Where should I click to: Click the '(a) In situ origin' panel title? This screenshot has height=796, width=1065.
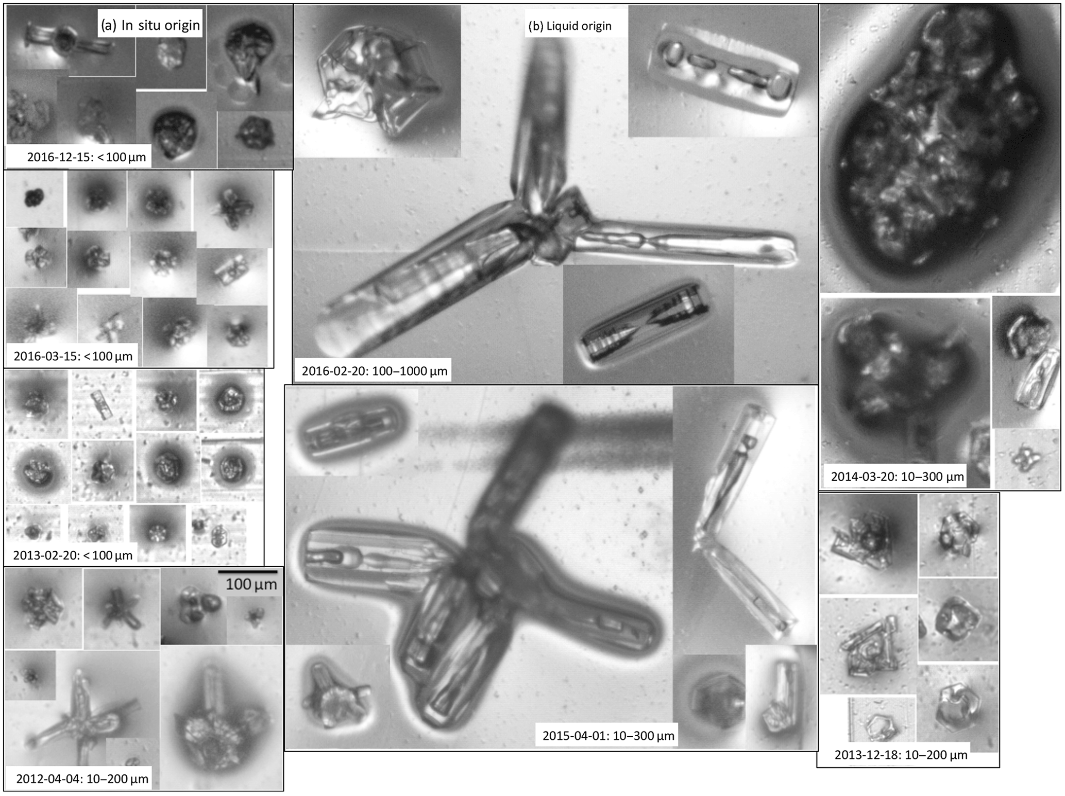point(150,25)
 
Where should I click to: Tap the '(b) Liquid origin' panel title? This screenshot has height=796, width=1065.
point(570,26)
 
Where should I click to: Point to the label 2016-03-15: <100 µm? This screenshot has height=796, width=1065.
point(73,356)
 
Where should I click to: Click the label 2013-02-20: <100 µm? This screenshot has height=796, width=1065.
point(73,555)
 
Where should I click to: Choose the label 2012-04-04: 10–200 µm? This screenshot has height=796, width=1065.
point(82,778)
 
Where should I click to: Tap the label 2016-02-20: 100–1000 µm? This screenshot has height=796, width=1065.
point(375,370)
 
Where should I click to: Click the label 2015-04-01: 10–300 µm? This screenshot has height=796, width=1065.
point(608,735)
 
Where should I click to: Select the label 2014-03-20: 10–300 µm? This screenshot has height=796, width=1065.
point(897,477)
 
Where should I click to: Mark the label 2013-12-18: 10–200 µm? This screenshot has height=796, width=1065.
point(901,755)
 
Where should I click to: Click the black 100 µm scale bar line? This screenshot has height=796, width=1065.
point(248,572)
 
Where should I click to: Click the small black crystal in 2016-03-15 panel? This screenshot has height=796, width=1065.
point(35,196)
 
